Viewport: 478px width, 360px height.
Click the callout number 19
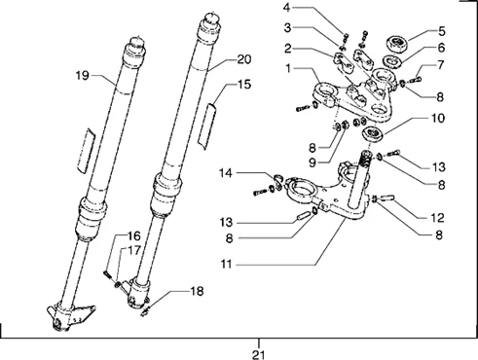coord(82,76)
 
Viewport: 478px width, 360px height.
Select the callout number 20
coord(244,59)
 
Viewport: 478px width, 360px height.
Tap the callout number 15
coord(244,85)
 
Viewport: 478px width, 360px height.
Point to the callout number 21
coord(259,355)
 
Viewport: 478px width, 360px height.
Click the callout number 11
coord(227,264)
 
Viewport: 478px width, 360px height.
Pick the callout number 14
coord(226,173)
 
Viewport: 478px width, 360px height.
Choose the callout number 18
coord(197,291)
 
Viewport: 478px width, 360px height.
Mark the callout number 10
coord(438,118)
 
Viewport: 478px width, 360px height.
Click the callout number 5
coord(442,31)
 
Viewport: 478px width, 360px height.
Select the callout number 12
coord(437,218)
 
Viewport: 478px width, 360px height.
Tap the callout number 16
coord(134,235)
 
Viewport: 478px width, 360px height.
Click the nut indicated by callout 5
coord(396,44)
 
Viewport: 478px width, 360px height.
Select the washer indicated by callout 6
coord(392,61)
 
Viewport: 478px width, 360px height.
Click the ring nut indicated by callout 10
coord(372,133)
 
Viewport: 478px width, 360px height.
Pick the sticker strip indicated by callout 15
coord(208,126)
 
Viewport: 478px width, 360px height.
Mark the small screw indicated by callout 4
coord(346,37)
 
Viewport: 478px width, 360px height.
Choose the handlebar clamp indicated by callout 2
coord(343,61)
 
